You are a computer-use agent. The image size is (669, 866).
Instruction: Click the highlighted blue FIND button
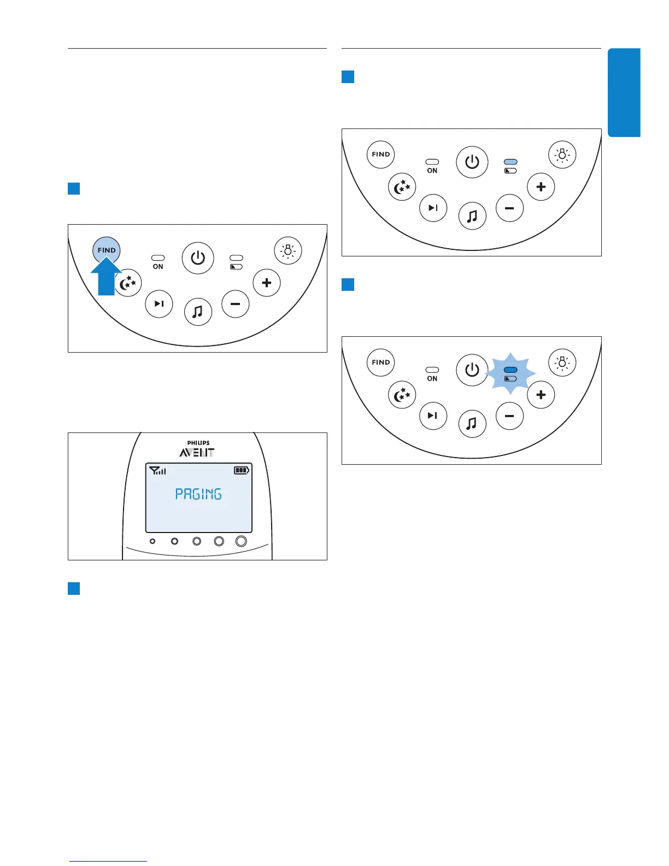tap(107, 250)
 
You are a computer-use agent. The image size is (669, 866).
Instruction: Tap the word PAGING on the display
tap(198, 494)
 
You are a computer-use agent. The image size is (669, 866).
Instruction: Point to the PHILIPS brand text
tap(198, 443)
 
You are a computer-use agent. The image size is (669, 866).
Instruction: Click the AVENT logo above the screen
tap(197, 453)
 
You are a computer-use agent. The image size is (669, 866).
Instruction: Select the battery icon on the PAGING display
tap(241, 470)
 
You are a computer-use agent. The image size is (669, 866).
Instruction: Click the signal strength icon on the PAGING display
tap(157, 470)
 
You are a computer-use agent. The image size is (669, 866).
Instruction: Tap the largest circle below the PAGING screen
tap(241, 541)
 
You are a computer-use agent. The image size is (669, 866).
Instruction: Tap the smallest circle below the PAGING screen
tap(152, 541)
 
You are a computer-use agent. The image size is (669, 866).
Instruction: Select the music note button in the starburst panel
tap(472, 423)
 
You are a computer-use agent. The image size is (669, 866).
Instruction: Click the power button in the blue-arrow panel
tap(198, 258)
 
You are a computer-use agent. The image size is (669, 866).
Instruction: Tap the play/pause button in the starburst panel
tap(433, 416)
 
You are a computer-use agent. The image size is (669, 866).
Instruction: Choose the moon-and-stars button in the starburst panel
tap(402, 395)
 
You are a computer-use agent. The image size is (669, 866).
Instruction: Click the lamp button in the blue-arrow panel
tap(287, 251)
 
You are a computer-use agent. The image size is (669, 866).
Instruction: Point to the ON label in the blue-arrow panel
tap(158, 267)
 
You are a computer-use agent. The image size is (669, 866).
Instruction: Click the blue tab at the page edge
tap(624, 92)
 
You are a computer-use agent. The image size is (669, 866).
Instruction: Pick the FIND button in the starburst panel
tap(381, 362)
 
